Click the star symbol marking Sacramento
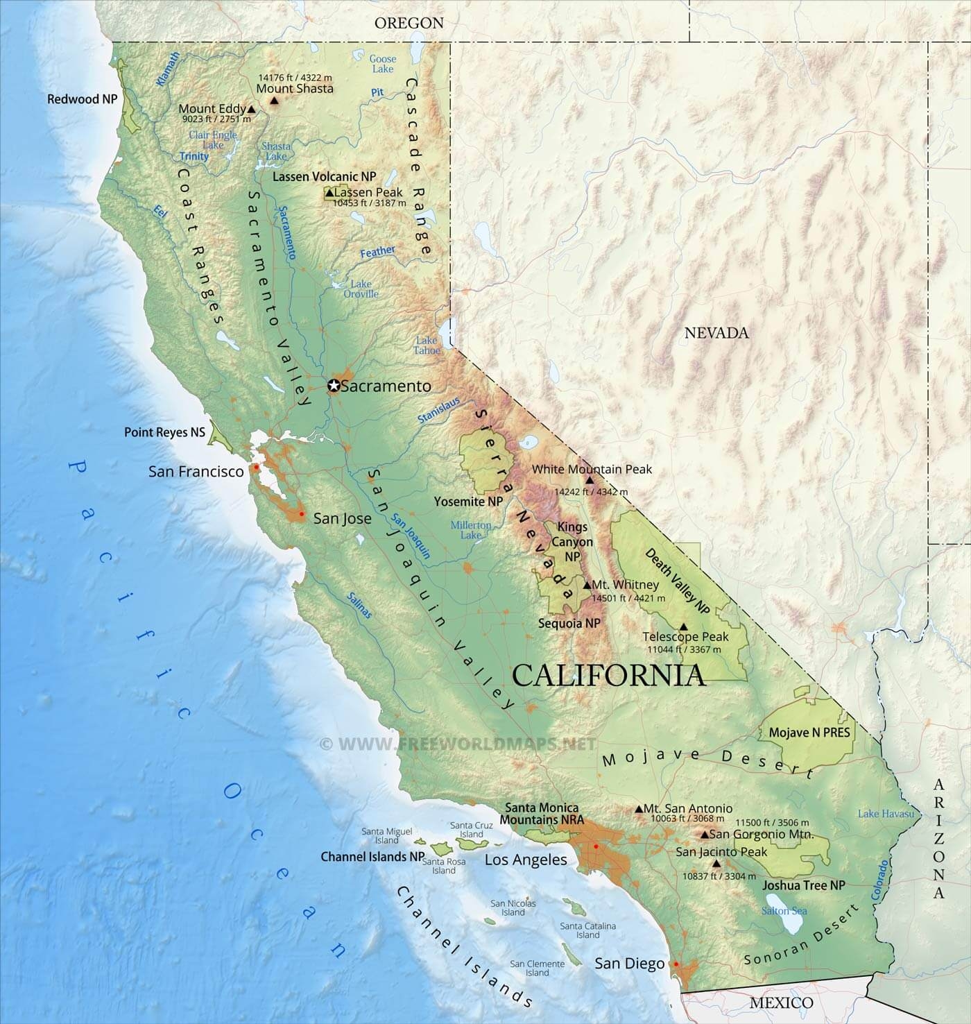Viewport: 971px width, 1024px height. pyautogui.click(x=334, y=386)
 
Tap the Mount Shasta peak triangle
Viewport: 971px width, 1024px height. pyautogui.click(x=274, y=101)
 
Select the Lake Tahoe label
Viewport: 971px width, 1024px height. pyautogui.click(x=427, y=345)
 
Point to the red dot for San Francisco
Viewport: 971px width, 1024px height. pyautogui.click(x=257, y=467)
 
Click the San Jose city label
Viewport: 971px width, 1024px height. pyautogui.click(x=342, y=518)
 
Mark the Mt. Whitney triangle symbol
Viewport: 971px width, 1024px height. pyautogui.click(x=587, y=585)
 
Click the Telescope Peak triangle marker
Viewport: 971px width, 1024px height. pyautogui.click(x=683, y=626)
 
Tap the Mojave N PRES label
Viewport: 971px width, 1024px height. pyautogui.click(x=809, y=732)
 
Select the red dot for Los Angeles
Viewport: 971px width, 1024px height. pyautogui.click(x=595, y=846)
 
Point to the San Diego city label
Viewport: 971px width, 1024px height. pyautogui.click(x=630, y=964)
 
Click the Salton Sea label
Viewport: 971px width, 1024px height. pyautogui.click(x=785, y=910)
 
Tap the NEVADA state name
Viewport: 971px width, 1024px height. pyautogui.click(x=716, y=333)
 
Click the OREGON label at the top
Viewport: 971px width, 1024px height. pyautogui.click(x=409, y=23)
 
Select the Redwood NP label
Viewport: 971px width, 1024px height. pyautogui.click(x=82, y=99)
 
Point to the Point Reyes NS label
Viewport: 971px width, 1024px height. pyautogui.click(x=164, y=432)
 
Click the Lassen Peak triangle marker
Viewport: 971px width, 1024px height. pyautogui.click(x=329, y=193)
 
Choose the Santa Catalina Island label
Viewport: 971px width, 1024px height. pyautogui.click(x=587, y=930)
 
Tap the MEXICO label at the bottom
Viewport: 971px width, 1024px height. pyautogui.click(x=781, y=1002)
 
